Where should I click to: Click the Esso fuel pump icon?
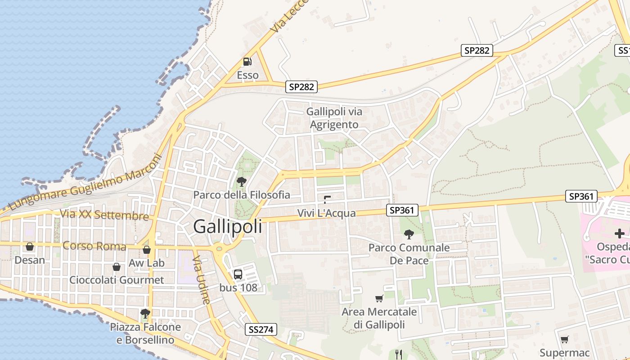[247, 62]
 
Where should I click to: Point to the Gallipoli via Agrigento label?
[334, 118]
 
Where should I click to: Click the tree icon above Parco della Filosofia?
[241, 182]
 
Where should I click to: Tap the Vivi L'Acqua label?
[327, 213]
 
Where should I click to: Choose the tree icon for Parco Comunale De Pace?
[409, 234]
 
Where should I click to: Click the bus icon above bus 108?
[238, 274]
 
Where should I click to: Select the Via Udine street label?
[202, 280]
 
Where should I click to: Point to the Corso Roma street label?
[94, 246]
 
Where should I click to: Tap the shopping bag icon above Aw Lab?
[147, 250]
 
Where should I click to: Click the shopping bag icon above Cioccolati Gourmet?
[117, 267]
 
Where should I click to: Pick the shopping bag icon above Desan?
[30, 247]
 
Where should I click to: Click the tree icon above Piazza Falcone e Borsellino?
[145, 313]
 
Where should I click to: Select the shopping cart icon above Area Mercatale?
[379, 298]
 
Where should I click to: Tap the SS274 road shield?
[261, 330]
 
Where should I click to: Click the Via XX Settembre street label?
[104, 215]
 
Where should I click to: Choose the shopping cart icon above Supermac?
[564, 339]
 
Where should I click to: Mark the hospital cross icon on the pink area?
[620, 233]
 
